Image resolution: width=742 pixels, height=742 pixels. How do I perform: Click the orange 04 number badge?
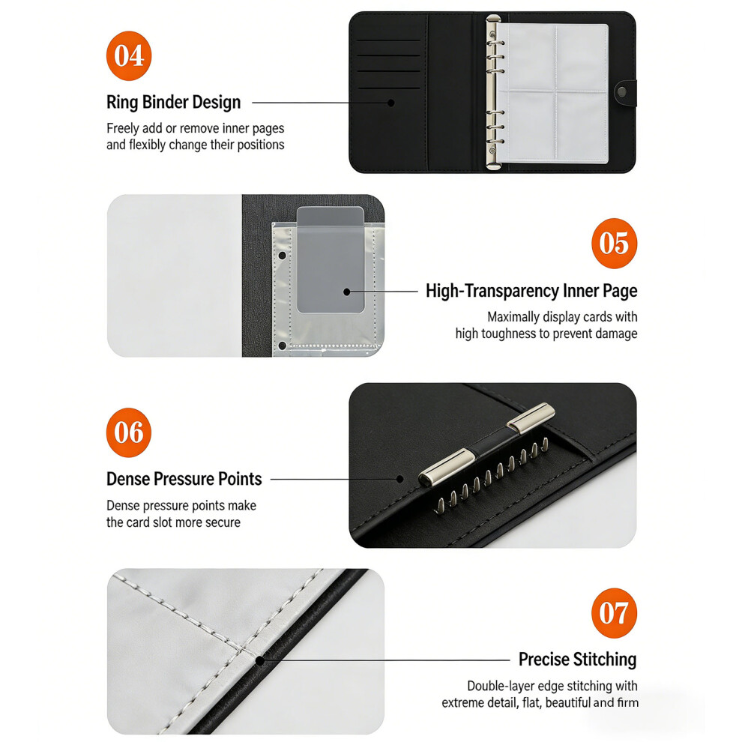pos(129,56)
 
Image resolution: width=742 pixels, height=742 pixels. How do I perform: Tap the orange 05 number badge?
pos(615,244)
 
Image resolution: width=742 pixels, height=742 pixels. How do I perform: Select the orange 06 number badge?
pos(129,432)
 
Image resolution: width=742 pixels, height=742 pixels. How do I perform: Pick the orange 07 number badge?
pos(615,613)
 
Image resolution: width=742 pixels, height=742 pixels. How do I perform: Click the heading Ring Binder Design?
pos(174,102)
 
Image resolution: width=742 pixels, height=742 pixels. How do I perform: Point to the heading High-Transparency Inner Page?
pos(531,291)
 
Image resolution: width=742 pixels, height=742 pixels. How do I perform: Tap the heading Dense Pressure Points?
pos(184,479)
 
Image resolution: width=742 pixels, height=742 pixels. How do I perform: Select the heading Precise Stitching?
pos(577,660)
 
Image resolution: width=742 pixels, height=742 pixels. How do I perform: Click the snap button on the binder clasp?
pos(621,91)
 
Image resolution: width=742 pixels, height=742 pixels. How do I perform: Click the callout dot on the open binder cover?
pos(391,103)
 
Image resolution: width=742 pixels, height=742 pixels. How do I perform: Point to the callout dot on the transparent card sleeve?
pos(347,292)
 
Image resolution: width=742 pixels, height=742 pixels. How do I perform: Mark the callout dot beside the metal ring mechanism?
pos(400,480)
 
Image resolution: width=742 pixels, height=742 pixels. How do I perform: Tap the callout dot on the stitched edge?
pos(260,660)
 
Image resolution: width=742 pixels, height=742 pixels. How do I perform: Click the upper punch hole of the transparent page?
pos(283,256)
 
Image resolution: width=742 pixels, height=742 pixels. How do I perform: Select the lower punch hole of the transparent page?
pos(283,346)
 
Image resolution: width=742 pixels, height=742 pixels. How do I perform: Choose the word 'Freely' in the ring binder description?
pos(122,129)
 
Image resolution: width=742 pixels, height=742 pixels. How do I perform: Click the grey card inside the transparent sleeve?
pos(331,259)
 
